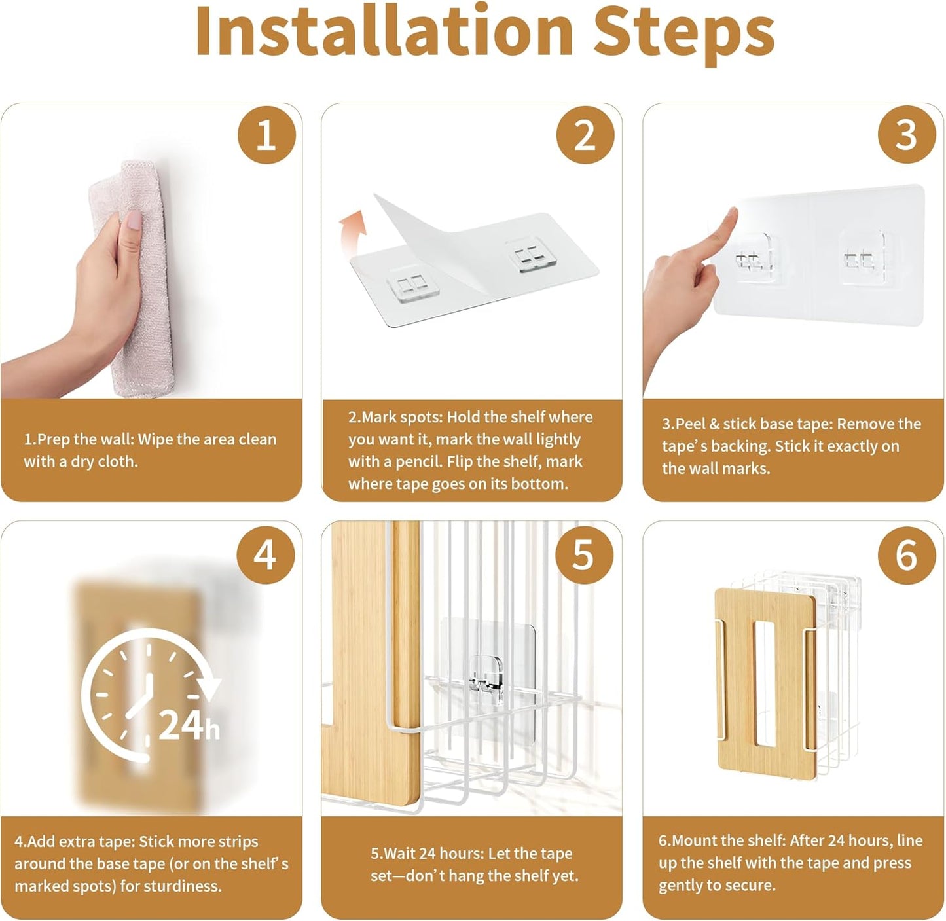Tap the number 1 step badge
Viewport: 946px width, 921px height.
pyautogui.click(x=266, y=135)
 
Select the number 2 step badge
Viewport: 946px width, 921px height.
pyautogui.click(x=585, y=135)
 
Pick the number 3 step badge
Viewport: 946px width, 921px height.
pyautogui.click(x=907, y=135)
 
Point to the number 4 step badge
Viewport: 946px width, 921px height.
pyautogui.click(x=265, y=554)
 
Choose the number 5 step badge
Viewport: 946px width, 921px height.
pyautogui.click(x=584, y=554)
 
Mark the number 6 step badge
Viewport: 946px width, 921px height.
pyautogui.click(x=907, y=554)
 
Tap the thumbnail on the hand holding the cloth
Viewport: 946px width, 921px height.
pyautogui.click(x=134, y=220)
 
